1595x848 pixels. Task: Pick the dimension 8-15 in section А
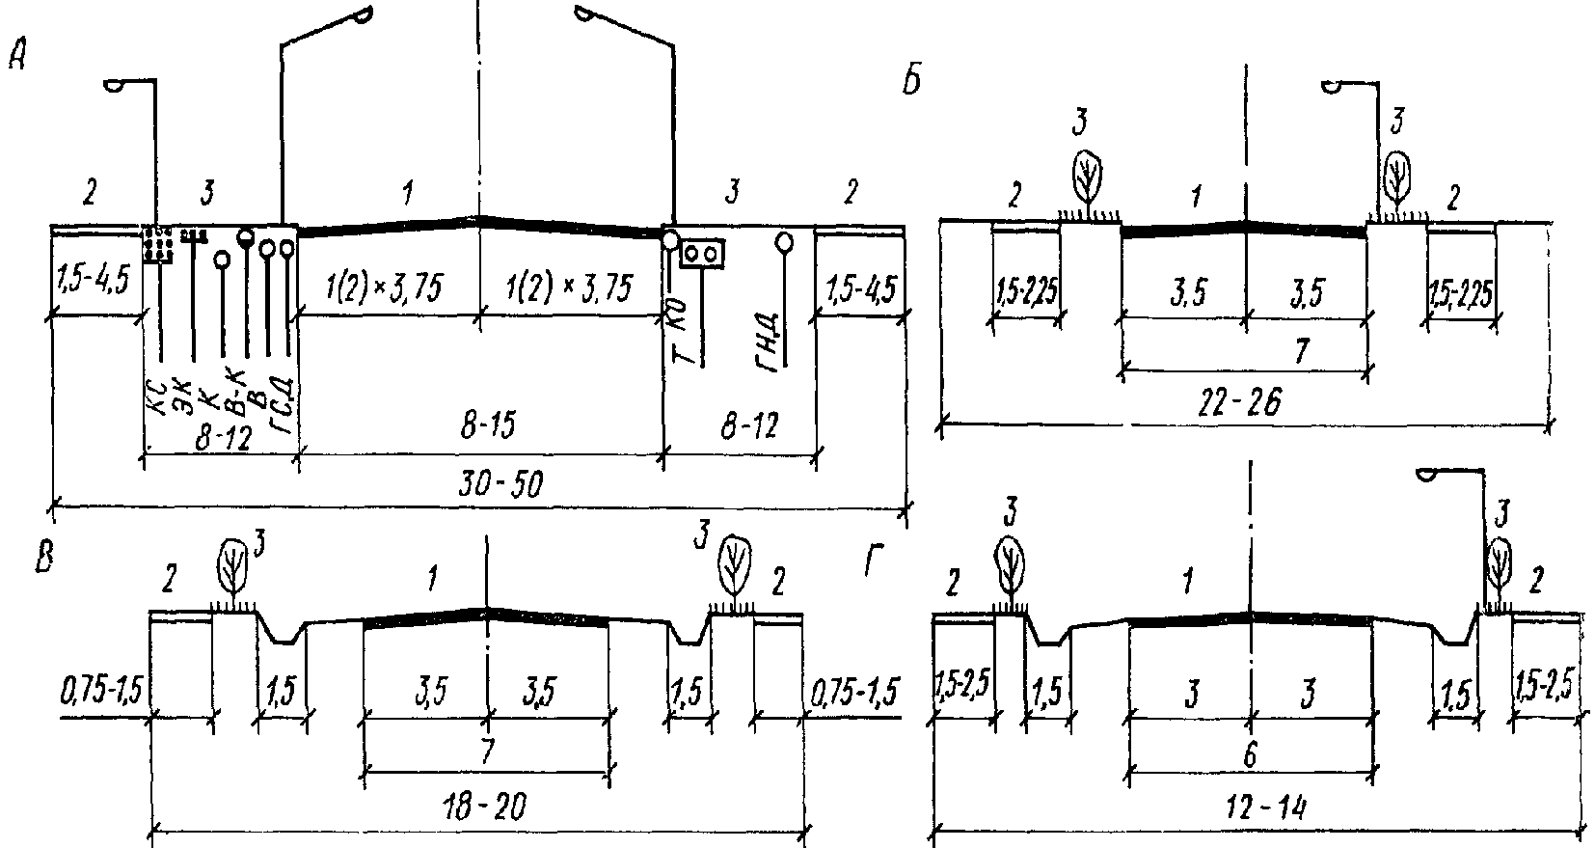coord(477,429)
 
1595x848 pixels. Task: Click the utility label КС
coord(157,395)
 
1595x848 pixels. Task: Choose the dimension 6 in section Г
coord(1249,755)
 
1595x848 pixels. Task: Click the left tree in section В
coord(231,566)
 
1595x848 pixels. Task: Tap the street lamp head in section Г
coord(1428,473)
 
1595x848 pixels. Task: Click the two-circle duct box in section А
coord(702,253)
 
